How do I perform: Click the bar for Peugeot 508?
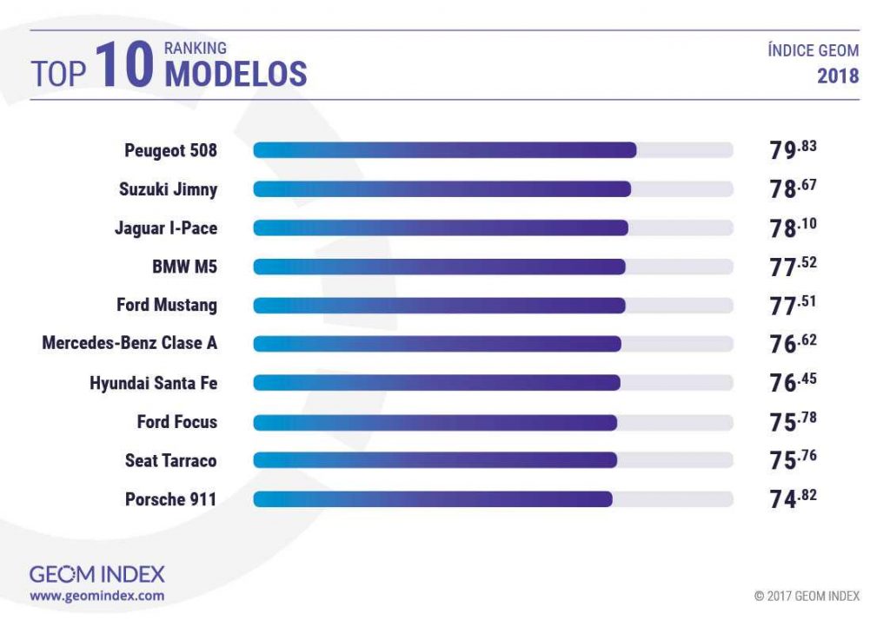pyautogui.click(x=444, y=150)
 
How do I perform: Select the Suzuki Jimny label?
pyautogui.click(x=168, y=189)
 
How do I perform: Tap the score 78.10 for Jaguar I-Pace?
pyautogui.click(x=793, y=227)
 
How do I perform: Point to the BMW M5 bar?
pyautogui.click(x=439, y=267)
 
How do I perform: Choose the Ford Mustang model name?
pyautogui.click(x=167, y=306)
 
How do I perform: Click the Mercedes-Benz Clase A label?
pyautogui.click(x=130, y=344)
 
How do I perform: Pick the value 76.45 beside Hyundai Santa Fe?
pyautogui.click(x=793, y=382)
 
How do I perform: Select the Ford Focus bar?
pyautogui.click(x=435, y=422)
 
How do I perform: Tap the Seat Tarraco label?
pyautogui.click(x=170, y=460)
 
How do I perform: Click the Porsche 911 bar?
pyautogui.click(x=433, y=499)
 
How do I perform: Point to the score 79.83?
pyautogui.click(x=793, y=149)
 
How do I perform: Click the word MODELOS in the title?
pyautogui.click(x=236, y=75)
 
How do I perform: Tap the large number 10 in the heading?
pyautogui.click(x=124, y=67)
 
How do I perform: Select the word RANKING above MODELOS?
pyautogui.click(x=195, y=48)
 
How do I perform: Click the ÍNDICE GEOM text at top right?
pyautogui.click(x=813, y=50)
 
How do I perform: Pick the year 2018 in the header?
pyautogui.click(x=838, y=76)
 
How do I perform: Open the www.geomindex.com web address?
pyautogui.click(x=96, y=597)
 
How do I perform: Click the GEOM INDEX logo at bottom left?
pyautogui.click(x=96, y=574)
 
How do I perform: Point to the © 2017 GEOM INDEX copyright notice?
pyautogui.click(x=807, y=597)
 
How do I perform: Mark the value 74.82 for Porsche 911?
pyautogui.click(x=793, y=499)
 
